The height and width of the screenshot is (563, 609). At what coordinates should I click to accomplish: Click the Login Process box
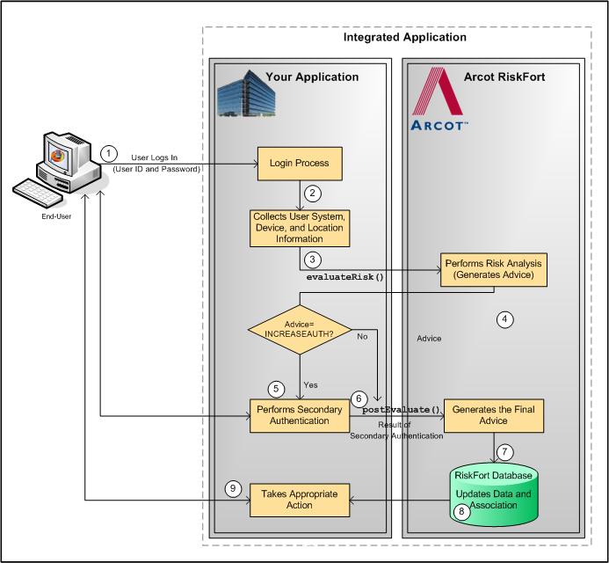(298, 163)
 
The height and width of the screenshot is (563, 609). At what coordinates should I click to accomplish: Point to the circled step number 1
(108, 152)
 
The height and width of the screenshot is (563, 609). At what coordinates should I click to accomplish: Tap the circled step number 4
(504, 319)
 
